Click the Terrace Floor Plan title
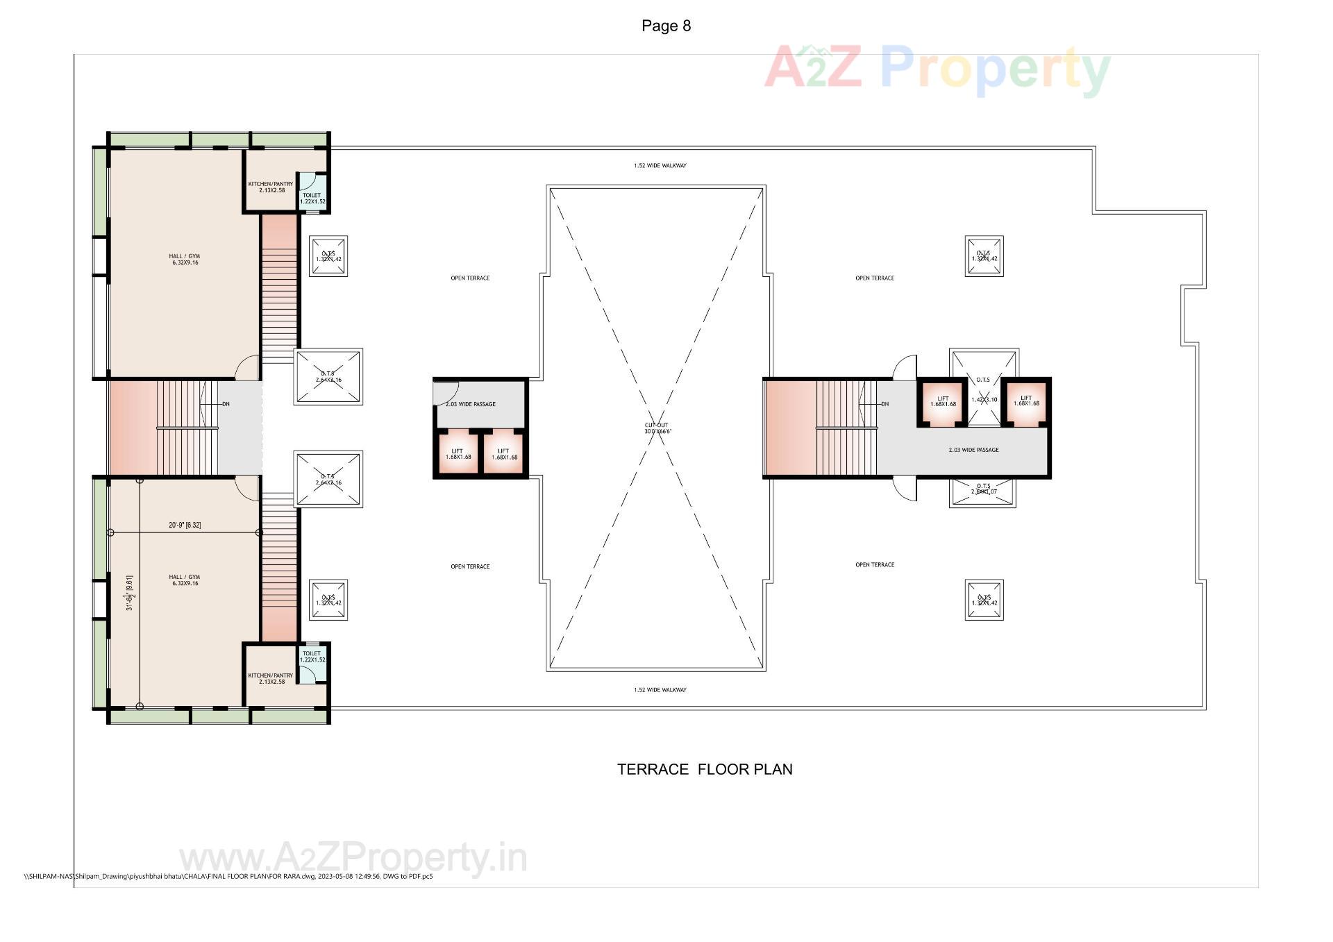705,769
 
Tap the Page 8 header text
666,26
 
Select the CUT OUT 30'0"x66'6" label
657,428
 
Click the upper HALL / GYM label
185,259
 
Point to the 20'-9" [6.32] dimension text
185,525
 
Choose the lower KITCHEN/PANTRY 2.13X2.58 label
271,678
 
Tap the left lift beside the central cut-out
458,454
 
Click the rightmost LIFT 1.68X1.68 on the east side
1026,401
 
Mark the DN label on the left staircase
226,404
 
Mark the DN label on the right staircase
885,404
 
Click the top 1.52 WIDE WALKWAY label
660,166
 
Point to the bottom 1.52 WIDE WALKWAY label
660,690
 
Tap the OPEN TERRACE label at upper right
874,278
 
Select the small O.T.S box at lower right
984,600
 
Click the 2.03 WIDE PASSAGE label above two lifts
471,404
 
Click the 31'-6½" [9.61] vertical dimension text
130,592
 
